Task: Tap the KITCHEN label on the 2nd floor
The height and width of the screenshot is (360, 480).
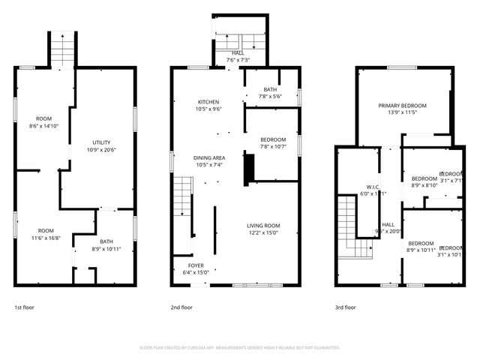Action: [x=208, y=101]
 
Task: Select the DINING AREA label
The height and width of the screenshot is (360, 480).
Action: [x=209, y=157]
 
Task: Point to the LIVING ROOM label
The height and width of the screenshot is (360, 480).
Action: [x=263, y=225]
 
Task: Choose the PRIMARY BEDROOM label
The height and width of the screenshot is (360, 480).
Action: [x=402, y=106]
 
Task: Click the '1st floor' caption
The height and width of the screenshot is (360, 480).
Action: [x=24, y=307]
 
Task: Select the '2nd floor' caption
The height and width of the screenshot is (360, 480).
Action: [x=182, y=307]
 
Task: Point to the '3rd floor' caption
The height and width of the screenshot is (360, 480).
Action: [x=345, y=307]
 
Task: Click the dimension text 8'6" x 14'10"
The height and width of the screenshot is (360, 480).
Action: [x=43, y=126]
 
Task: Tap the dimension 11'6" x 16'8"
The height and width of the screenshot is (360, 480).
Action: [x=46, y=238]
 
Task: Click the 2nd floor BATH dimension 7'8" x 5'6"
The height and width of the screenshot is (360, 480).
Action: [x=269, y=97]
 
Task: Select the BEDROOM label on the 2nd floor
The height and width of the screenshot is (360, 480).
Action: [x=273, y=139]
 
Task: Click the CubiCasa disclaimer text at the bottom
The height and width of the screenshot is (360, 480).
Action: [x=240, y=347]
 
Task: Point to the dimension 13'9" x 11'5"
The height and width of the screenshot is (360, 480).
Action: [x=402, y=113]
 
